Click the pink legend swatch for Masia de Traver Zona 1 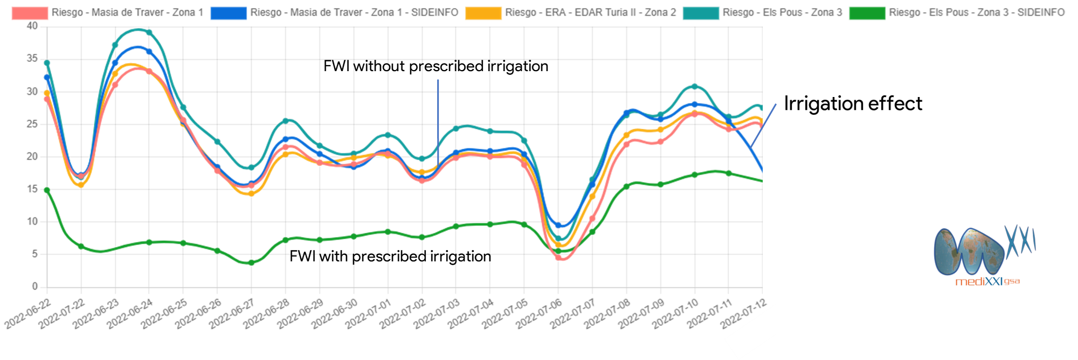[30, 13]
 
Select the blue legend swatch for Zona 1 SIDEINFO [228, 13]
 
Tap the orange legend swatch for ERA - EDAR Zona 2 [483, 13]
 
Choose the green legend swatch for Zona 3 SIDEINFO [867, 13]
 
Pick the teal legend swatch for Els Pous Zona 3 [701, 13]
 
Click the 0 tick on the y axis [35, 286]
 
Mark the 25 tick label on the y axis [32, 123]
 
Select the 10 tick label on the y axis [32, 221]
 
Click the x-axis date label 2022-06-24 [130, 314]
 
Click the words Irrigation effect [853, 103]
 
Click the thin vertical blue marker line [438, 119]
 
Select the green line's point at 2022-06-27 [251, 262]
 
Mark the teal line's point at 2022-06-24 [149, 32]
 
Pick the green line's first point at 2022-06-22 [47, 190]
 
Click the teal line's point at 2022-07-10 [694, 86]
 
